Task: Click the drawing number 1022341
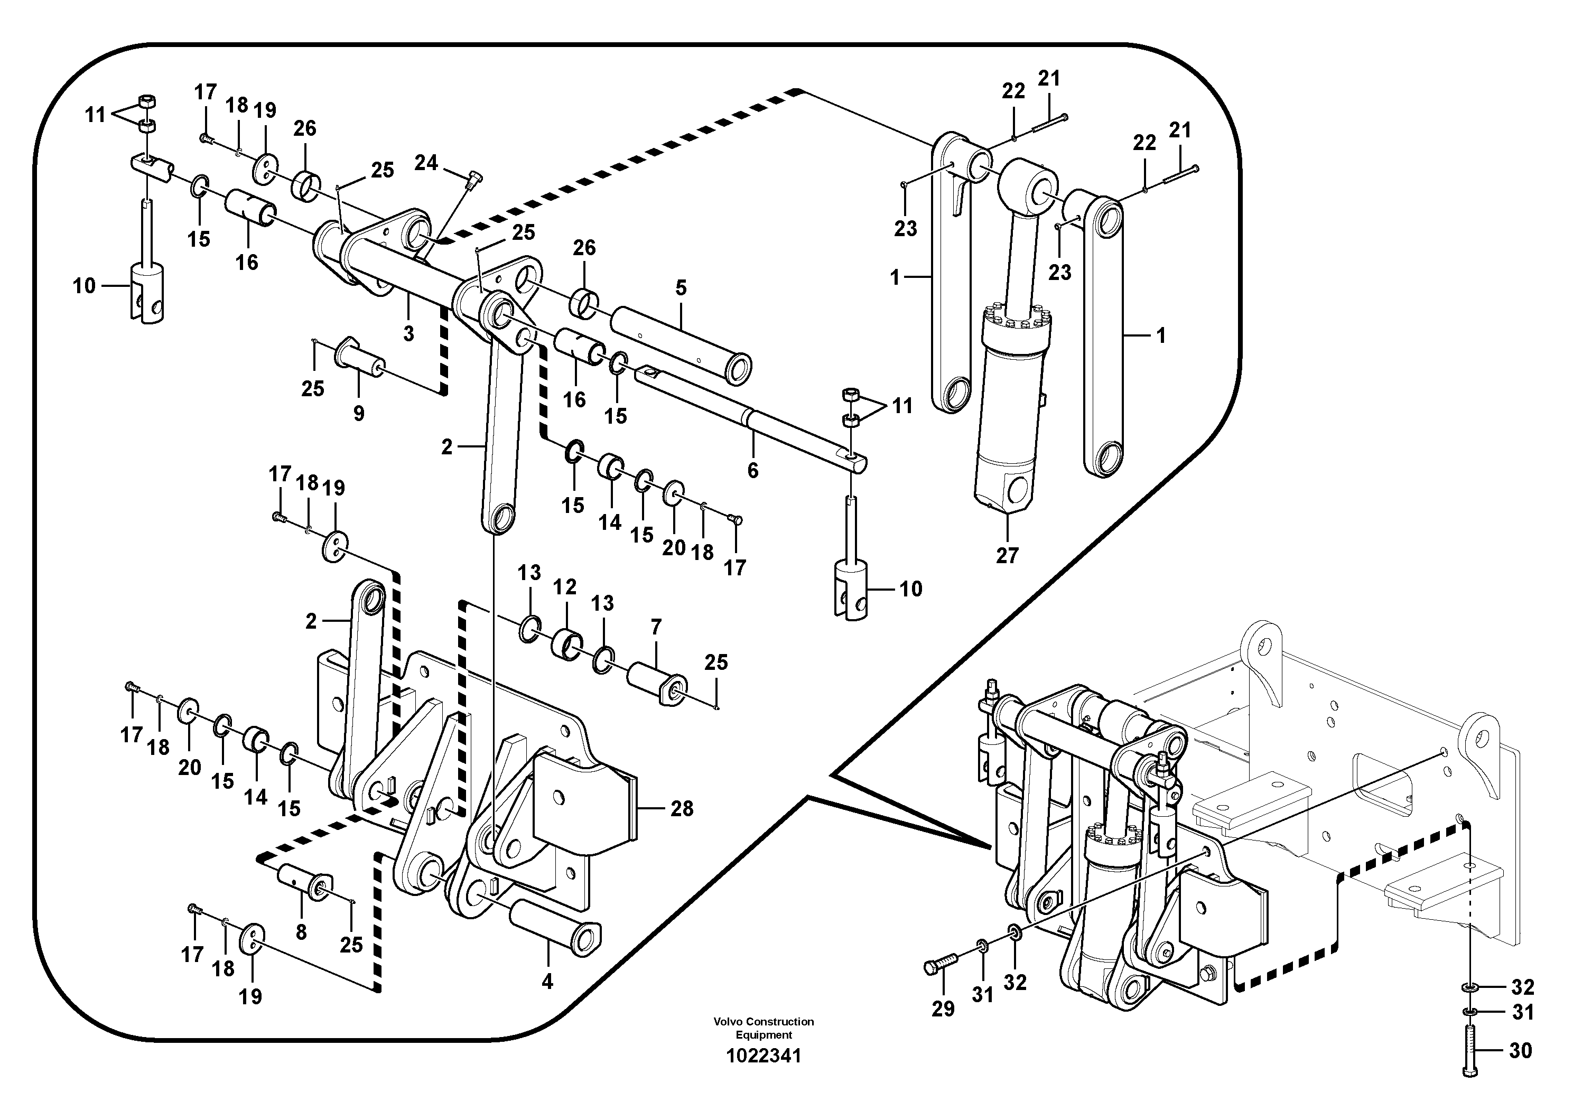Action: pyautogui.click(x=763, y=1056)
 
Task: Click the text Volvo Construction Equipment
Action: pyautogui.click(x=763, y=1028)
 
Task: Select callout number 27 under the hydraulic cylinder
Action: pyautogui.click(x=1007, y=556)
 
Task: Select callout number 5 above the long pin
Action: pyautogui.click(x=681, y=288)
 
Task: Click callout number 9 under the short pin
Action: pyautogui.click(x=358, y=413)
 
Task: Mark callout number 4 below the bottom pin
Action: pyautogui.click(x=547, y=982)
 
